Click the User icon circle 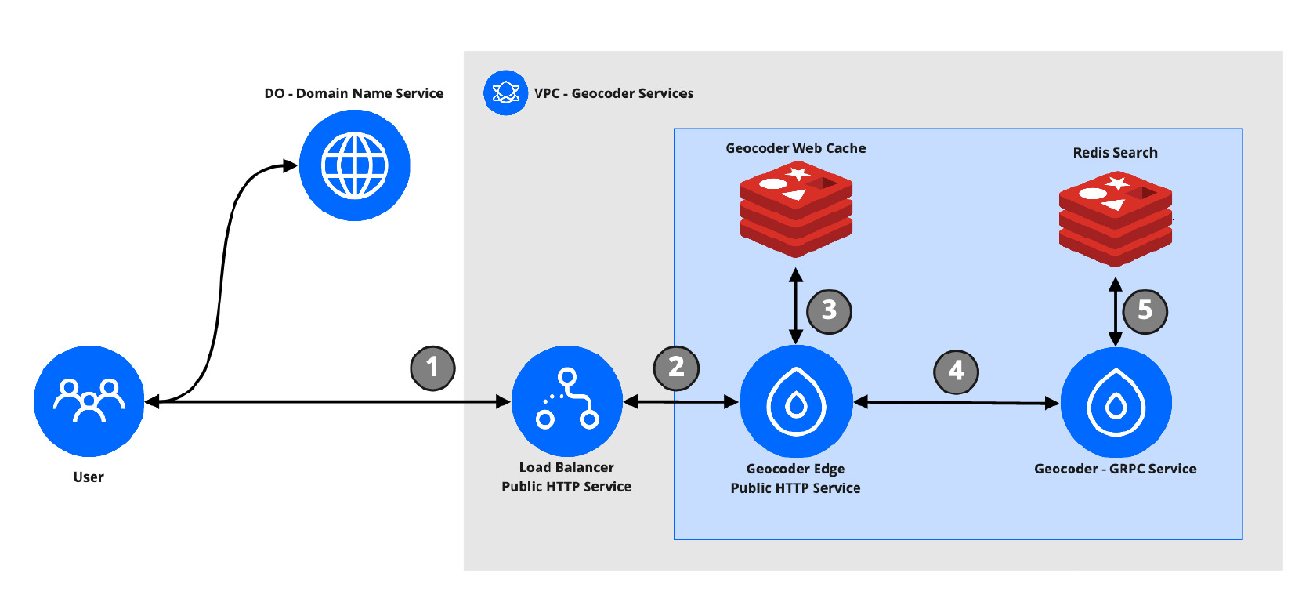coord(89,401)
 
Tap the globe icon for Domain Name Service coord(354,165)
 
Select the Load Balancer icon coord(566,401)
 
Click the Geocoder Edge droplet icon coord(796,401)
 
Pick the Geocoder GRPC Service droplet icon coord(1116,403)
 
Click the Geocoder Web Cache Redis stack coord(796,209)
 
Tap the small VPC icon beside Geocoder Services coord(505,92)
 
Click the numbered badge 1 coord(432,368)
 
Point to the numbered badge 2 coord(676,368)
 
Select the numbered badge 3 coord(829,311)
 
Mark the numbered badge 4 coord(956,371)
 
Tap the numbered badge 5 coord(1145,311)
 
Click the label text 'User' coord(89,477)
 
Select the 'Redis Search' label coord(1115,153)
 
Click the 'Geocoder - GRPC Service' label coord(1115,469)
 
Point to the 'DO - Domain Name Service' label coord(354,93)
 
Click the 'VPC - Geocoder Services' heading coord(613,93)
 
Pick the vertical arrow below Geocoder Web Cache coord(796,306)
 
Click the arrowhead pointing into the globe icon coord(290,165)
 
